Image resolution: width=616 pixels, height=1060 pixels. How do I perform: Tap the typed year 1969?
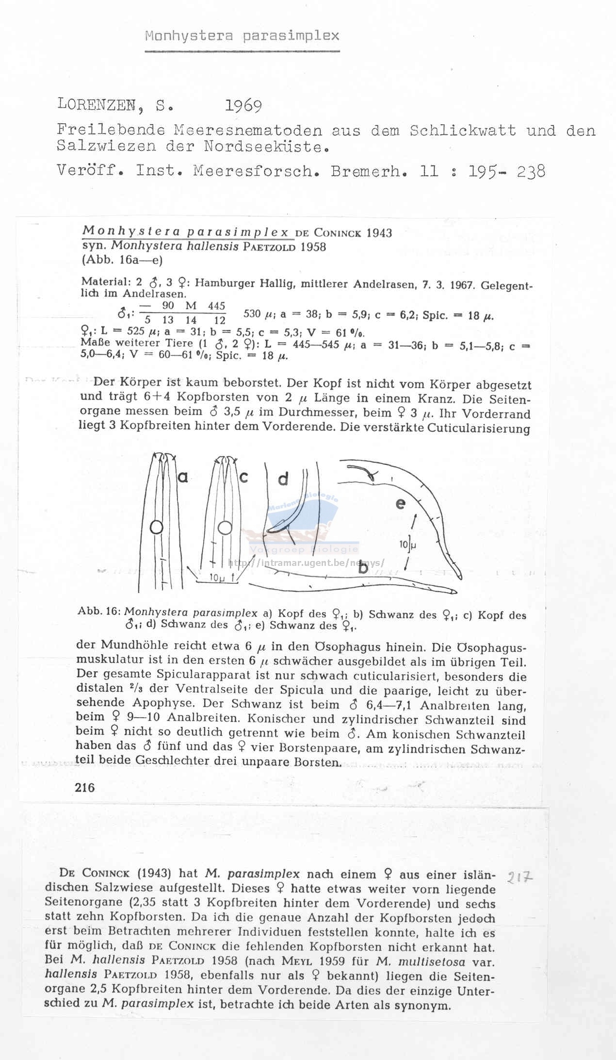pyautogui.click(x=244, y=106)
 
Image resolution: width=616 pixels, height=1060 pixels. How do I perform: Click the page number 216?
pyautogui.click(x=85, y=788)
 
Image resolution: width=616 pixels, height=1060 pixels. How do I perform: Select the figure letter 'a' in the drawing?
pyautogui.click(x=183, y=478)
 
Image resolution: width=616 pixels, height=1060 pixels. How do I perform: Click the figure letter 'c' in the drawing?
pyautogui.click(x=243, y=478)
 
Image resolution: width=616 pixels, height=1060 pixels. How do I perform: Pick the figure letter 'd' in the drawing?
pyautogui.click(x=283, y=480)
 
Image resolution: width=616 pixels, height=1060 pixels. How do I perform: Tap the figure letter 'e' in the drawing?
pyautogui.click(x=400, y=504)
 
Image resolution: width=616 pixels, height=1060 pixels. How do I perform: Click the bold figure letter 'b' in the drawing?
pyautogui.click(x=363, y=568)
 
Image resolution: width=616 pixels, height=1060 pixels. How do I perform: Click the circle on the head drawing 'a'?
pyautogui.click(x=156, y=528)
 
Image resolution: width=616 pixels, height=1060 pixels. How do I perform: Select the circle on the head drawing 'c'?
pyautogui.click(x=225, y=528)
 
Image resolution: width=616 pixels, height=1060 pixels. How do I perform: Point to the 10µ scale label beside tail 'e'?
pyautogui.click(x=408, y=545)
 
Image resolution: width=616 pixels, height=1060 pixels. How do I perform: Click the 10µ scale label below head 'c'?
pyautogui.click(x=219, y=578)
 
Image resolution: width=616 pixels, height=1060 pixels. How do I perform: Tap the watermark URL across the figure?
pyautogui.click(x=306, y=563)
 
